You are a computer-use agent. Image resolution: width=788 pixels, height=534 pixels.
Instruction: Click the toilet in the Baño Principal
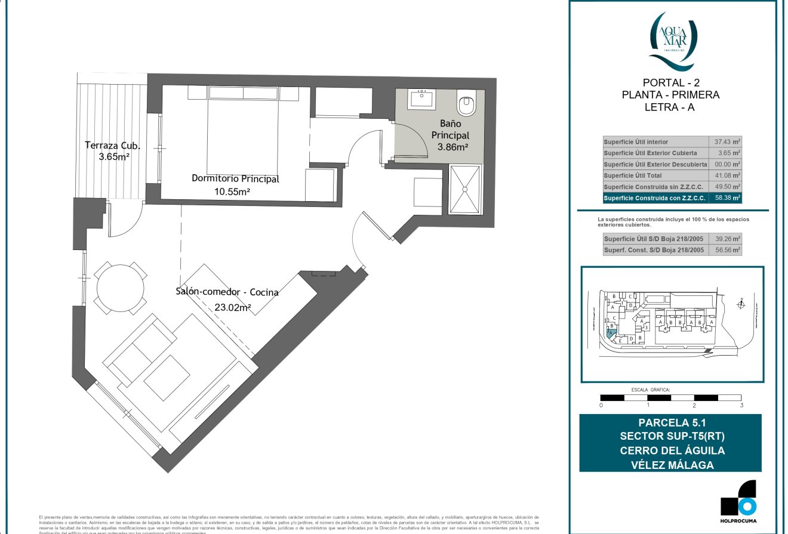[466, 104]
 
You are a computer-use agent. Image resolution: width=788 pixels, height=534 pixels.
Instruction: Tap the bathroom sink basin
[423, 98]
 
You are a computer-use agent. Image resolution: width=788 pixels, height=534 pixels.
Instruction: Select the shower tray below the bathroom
[465, 189]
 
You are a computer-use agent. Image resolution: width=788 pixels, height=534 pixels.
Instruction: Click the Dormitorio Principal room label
[235, 178]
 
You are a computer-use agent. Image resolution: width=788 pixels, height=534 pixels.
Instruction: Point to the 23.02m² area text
[232, 308]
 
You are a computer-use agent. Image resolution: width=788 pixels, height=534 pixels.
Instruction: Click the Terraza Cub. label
[112, 145]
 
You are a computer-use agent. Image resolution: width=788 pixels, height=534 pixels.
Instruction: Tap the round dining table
[121, 287]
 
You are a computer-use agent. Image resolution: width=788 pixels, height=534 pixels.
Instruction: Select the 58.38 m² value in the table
[728, 198]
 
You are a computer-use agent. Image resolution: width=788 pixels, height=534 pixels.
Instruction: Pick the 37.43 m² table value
[728, 142]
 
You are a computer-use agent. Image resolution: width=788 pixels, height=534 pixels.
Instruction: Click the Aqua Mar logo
[672, 39]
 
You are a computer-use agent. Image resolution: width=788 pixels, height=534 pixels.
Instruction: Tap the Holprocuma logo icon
[738, 498]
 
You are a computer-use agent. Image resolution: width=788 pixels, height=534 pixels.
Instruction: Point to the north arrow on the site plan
[741, 304]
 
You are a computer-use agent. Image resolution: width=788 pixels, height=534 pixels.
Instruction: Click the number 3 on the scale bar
[741, 405]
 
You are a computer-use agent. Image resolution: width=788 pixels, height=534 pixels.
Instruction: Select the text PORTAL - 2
[671, 82]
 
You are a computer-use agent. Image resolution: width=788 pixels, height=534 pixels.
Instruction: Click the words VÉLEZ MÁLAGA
[672, 465]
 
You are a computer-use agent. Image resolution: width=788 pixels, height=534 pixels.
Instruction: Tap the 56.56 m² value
[728, 251]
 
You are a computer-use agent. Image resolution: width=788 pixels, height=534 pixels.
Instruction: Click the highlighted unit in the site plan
[610, 334]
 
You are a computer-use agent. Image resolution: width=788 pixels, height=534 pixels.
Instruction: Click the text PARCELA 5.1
[672, 422]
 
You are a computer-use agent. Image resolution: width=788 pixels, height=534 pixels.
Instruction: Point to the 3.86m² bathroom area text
[453, 146]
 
